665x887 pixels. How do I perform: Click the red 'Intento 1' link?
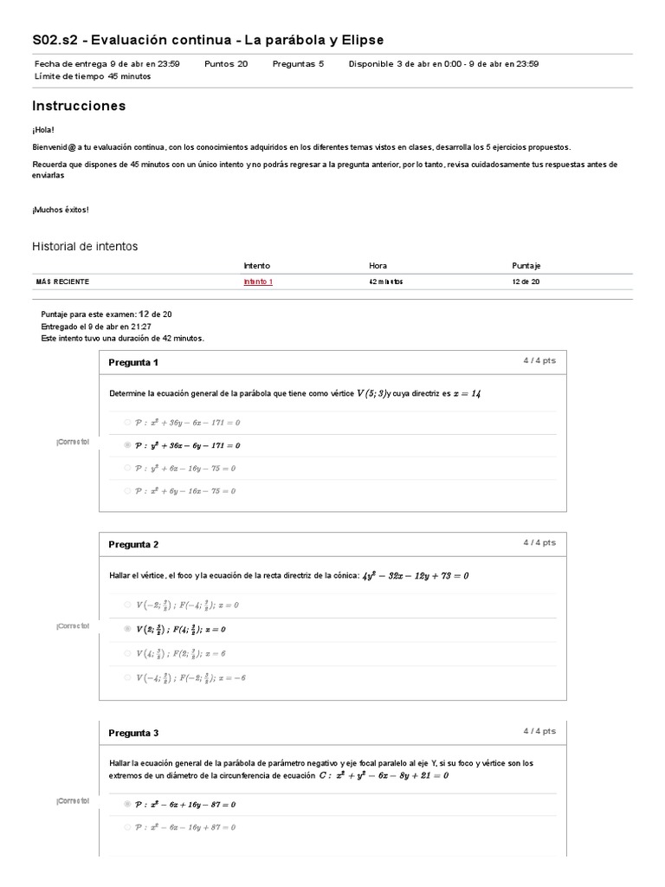tap(258, 282)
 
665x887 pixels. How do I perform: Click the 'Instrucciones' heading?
tap(79, 106)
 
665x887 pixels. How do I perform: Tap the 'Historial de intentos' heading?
tap(85, 247)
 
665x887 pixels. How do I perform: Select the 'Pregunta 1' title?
tap(133, 363)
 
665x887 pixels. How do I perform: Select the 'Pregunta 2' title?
tap(133, 545)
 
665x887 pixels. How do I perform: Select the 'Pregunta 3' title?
tap(133, 733)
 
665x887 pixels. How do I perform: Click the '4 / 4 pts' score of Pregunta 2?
tap(539, 543)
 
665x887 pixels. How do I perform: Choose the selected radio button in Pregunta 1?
tap(127, 445)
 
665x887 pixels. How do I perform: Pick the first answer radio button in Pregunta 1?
tap(127, 423)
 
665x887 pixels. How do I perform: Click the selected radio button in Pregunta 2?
tap(127, 629)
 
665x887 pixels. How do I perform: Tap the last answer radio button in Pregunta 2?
tap(127, 677)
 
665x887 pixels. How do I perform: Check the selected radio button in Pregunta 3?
tap(127, 804)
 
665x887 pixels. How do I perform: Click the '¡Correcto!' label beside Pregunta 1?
tap(73, 442)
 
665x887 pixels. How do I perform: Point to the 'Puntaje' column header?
tap(526, 266)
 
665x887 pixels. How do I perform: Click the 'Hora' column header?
tap(378, 266)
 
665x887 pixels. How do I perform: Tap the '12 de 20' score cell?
tap(525, 282)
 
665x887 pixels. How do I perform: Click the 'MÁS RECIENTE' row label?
tap(62, 282)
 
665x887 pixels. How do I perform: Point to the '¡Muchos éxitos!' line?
tap(61, 210)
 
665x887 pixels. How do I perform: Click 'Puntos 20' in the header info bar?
tap(226, 63)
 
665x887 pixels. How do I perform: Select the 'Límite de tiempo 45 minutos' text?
tap(93, 75)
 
